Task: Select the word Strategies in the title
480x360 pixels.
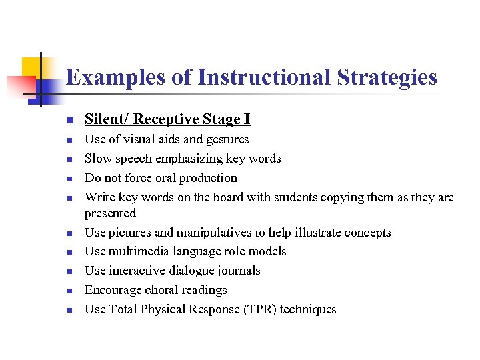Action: [387, 78]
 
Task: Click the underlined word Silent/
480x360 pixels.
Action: [107, 119]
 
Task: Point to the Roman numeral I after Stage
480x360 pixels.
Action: [247, 119]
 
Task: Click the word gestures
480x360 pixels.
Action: [226, 139]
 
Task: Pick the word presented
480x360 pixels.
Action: [110, 213]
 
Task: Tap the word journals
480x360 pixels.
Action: [238, 271]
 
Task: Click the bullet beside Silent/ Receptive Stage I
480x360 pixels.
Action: [69, 121]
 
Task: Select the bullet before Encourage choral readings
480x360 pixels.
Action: [69, 291]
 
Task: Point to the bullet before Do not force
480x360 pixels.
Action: [69, 179]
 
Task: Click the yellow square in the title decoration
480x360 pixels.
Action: [32, 67]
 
